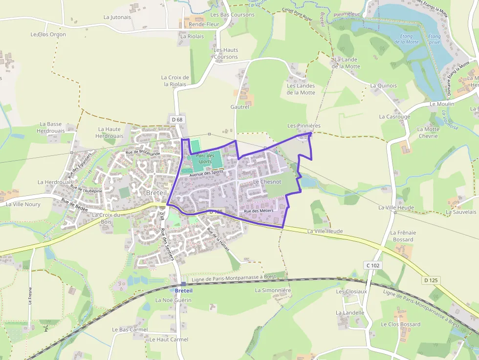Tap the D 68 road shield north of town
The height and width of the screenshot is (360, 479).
[x=177, y=120]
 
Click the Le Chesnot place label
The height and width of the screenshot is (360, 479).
[x=267, y=182]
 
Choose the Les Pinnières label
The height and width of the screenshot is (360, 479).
[x=304, y=126]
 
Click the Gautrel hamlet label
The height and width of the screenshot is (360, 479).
[x=240, y=106]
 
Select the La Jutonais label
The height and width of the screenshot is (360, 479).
[x=117, y=17]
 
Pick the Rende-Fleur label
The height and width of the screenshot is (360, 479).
[x=204, y=24]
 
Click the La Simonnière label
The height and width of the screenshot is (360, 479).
[x=273, y=290]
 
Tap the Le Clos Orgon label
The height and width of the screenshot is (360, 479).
[x=48, y=35]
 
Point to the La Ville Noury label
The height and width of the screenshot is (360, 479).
[x=23, y=204]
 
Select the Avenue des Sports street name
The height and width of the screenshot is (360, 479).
[x=206, y=172]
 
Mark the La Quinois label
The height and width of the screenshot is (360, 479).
[x=383, y=85]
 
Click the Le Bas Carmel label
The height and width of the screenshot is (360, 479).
[x=130, y=330]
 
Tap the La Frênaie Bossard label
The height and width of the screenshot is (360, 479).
[x=402, y=236]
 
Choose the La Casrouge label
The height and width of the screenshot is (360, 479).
[x=394, y=117]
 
